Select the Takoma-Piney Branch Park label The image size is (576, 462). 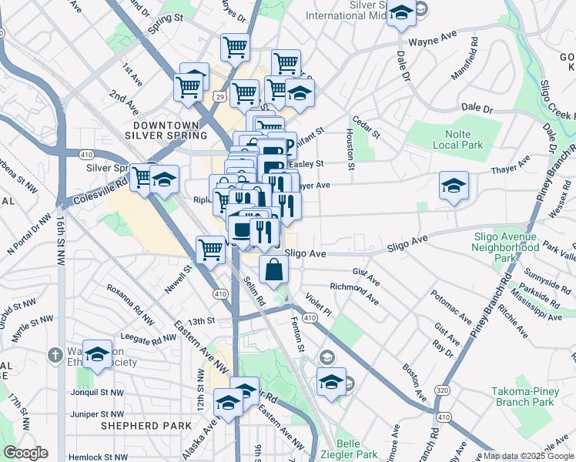523,397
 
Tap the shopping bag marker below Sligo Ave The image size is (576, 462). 273,269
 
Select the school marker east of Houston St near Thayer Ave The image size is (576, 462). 454,186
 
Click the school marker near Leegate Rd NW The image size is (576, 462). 97,354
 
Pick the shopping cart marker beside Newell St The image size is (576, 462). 210,249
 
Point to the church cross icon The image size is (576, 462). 54,355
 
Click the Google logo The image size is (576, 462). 25,453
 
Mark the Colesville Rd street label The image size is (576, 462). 91,192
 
